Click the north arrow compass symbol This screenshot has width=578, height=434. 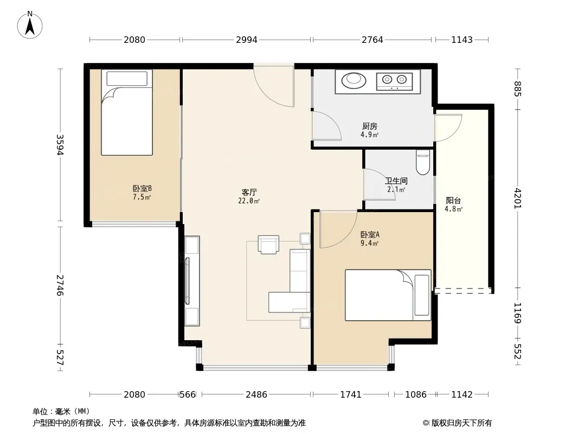click(x=30, y=25)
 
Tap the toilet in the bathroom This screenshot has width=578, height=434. click(x=423, y=162)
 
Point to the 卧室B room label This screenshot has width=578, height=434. click(x=142, y=189)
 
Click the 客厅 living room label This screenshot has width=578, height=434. click(x=249, y=193)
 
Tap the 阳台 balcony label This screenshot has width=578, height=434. click(x=453, y=201)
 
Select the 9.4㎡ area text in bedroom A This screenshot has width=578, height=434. click(x=369, y=243)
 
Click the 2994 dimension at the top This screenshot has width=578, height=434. click(x=247, y=40)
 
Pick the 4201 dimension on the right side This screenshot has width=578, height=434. click(x=518, y=199)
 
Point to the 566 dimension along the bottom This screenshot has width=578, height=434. click(x=187, y=394)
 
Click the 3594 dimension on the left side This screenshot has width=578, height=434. click(x=60, y=145)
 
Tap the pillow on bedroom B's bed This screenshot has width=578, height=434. click(x=127, y=79)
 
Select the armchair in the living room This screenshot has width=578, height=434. click(x=268, y=245)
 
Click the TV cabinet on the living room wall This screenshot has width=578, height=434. click(x=192, y=281)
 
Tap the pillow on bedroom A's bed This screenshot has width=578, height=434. click(x=422, y=295)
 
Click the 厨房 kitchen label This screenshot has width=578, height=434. click(x=369, y=126)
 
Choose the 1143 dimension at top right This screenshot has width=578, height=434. click(x=462, y=40)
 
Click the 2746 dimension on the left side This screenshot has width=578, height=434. click(x=60, y=285)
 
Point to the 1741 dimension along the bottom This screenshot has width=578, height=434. click(x=351, y=394)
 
